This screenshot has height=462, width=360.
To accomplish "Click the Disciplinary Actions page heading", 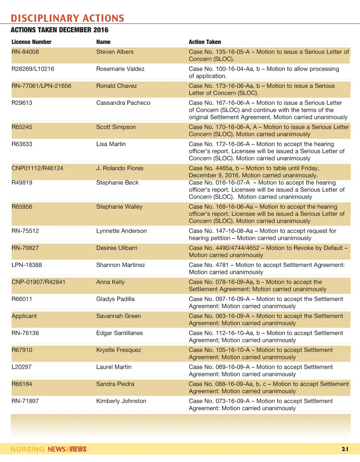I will click(x=67, y=18).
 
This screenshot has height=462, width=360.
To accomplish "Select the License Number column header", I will click(x=31, y=42).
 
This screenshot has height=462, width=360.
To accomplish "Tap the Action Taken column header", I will click(x=205, y=42).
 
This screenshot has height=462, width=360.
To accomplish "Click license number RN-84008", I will click(x=25, y=52).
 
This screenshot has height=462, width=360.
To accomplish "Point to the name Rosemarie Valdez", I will click(x=120, y=69).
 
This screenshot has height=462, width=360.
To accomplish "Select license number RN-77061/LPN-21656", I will click(x=41, y=86).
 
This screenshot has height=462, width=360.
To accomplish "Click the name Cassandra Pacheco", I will click(x=123, y=103).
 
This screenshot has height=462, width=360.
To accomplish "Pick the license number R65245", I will click(x=22, y=127).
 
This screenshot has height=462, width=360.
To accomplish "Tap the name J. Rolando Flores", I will click(x=120, y=168).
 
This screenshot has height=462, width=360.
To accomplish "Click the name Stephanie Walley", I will click(x=119, y=207).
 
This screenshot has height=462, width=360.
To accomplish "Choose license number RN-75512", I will click(x=25, y=231).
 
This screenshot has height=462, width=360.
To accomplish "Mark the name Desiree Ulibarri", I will click(x=117, y=248).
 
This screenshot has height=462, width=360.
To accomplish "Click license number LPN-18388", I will click(x=27, y=265).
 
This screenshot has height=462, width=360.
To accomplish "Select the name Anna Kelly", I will click(x=110, y=282).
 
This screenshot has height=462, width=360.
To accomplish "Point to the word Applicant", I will click(x=24, y=316).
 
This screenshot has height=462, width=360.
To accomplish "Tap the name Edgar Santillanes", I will click(x=120, y=333).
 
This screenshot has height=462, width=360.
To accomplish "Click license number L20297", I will click(x=21, y=367).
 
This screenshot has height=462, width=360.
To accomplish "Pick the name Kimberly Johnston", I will click(x=121, y=401).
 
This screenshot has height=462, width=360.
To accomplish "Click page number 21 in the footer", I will click(x=345, y=449).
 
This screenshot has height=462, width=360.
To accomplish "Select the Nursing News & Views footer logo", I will click(x=49, y=449).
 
